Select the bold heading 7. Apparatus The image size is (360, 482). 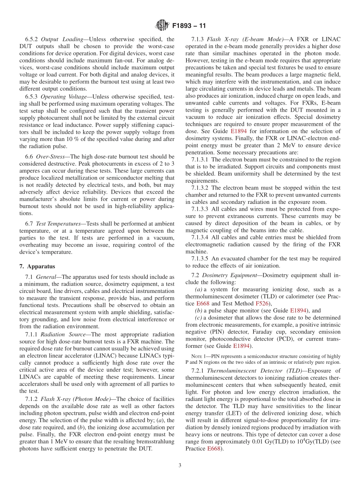point(38,266)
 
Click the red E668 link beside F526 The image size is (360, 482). point(203,304)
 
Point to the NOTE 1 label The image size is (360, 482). point(200,356)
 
